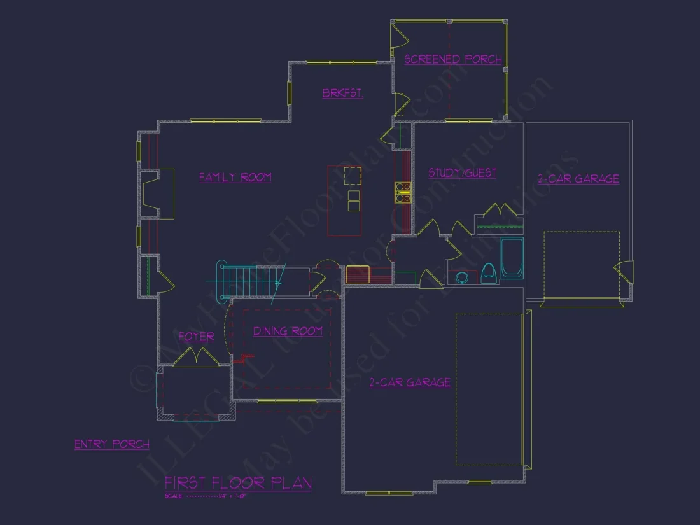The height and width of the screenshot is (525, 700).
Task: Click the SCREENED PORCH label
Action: tap(453, 59)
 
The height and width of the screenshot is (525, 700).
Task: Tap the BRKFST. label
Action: tap(342, 93)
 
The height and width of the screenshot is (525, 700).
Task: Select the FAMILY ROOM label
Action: tap(235, 178)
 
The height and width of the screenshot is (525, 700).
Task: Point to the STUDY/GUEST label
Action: tap(462, 172)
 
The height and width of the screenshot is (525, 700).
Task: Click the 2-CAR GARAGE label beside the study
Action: tap(578, 179)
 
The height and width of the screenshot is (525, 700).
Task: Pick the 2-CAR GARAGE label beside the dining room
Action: tap(410, 382)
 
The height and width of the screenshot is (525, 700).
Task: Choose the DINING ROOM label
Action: tap(288, 331)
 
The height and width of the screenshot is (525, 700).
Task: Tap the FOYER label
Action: tap(196, 337)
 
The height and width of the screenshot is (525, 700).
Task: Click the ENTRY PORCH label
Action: tap(112, 444)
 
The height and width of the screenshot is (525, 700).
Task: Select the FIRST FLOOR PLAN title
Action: tap(238, 482)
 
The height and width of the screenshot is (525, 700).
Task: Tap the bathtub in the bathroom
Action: tap(511, 258)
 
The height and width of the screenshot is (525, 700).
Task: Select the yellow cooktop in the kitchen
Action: tap(403, 192)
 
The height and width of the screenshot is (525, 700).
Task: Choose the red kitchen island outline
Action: tap(344, 200)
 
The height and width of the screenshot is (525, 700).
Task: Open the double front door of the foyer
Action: tap(197, 358)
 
